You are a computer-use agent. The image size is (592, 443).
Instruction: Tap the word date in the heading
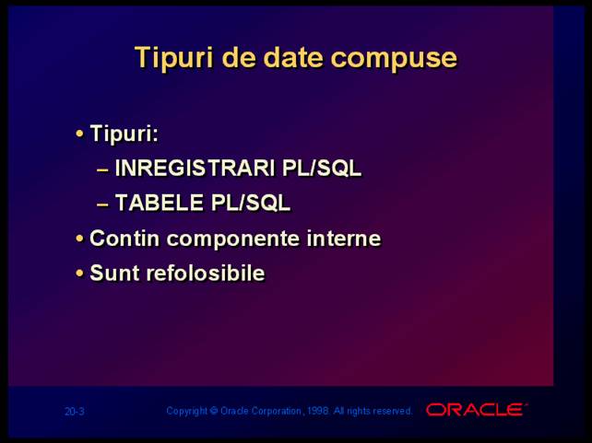(293, 57)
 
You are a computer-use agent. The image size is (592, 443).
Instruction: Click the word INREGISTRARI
(195, 168)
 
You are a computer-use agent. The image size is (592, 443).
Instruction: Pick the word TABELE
(159, 203)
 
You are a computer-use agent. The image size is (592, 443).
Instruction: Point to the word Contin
(124, 239)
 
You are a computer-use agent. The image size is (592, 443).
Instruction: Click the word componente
(233, 239)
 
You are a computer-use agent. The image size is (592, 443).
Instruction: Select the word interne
(344, 239)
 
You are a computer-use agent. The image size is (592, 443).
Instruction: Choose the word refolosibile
(206, 273)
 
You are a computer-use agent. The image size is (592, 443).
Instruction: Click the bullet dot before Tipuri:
(79, 134)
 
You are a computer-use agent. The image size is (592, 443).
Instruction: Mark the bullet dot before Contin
(79, 239)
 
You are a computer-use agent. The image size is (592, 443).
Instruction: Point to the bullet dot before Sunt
(79, 274)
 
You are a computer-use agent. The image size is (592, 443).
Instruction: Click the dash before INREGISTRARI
(102, 170)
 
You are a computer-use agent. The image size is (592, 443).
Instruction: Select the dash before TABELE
(102, 205)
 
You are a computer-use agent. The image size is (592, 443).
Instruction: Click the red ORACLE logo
(476, 410)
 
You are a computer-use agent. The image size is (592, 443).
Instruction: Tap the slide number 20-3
(75, 412)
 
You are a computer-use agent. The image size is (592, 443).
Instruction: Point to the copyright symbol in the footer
(214, 411)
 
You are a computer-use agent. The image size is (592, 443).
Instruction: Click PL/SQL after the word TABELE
(251, 203)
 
